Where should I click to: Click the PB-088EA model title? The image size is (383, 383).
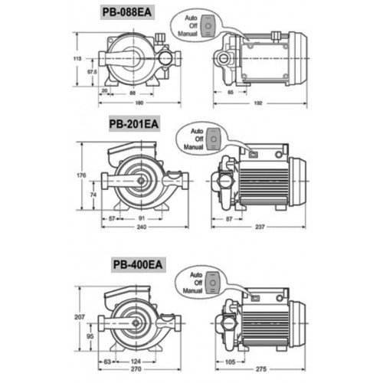coord(127,12)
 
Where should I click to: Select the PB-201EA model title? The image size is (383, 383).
coord(134,124)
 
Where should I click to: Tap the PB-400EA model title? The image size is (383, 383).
coord(138,264)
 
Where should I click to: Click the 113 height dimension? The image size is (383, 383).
coord(77,58)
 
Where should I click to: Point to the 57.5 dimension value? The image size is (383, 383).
coord(92,72)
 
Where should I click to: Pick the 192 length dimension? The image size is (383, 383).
coord(258,103)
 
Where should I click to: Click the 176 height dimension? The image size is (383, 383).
coord(81,175)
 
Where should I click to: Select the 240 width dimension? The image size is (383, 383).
coord(142,227)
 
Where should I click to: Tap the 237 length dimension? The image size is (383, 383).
coord(260,227)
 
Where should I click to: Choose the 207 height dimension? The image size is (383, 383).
coord(80,317)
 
